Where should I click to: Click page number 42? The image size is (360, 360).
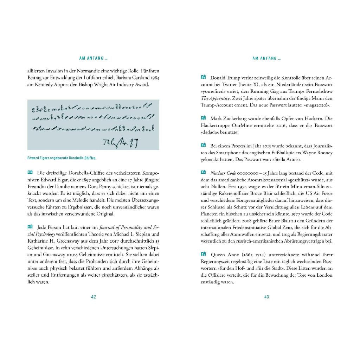click(x=94, y=297)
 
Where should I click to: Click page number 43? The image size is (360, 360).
click(x=266, y=297)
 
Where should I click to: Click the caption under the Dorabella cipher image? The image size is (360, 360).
click(x=62, y=158)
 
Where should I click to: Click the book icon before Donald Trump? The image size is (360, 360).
click(x=203, y=77)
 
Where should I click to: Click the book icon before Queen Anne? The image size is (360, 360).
click(x=203, y=254)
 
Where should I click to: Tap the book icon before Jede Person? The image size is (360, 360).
click(x=30, y=227)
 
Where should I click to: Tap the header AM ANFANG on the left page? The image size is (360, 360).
click(x=93, y=58)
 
